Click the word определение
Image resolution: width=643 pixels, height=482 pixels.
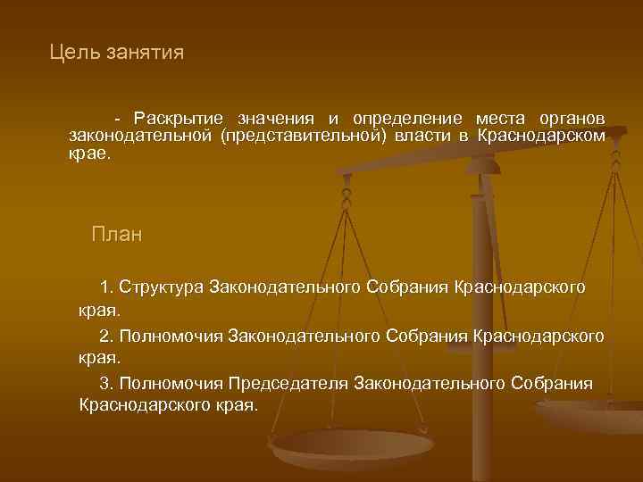coord(407,119)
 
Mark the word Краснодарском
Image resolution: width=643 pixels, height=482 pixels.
coord(541,136)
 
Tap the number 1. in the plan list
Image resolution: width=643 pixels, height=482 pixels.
coord(107,287)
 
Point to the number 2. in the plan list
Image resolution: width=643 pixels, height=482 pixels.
coord(107,336)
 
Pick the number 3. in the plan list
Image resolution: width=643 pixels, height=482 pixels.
coord(107,384)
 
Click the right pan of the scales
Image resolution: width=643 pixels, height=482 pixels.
coord(594,414)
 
